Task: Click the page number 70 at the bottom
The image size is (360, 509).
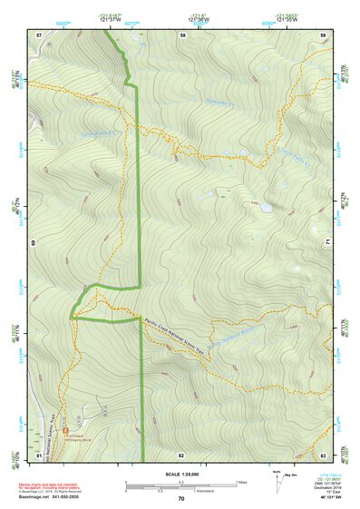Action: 181,499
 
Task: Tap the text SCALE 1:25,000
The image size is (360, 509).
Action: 181,476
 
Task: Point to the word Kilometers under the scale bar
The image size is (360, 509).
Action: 181,492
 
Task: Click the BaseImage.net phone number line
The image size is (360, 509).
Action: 55,496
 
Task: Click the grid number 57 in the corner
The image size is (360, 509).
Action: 40,34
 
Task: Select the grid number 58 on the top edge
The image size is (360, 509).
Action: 183,34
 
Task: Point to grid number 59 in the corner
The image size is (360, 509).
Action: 323,34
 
